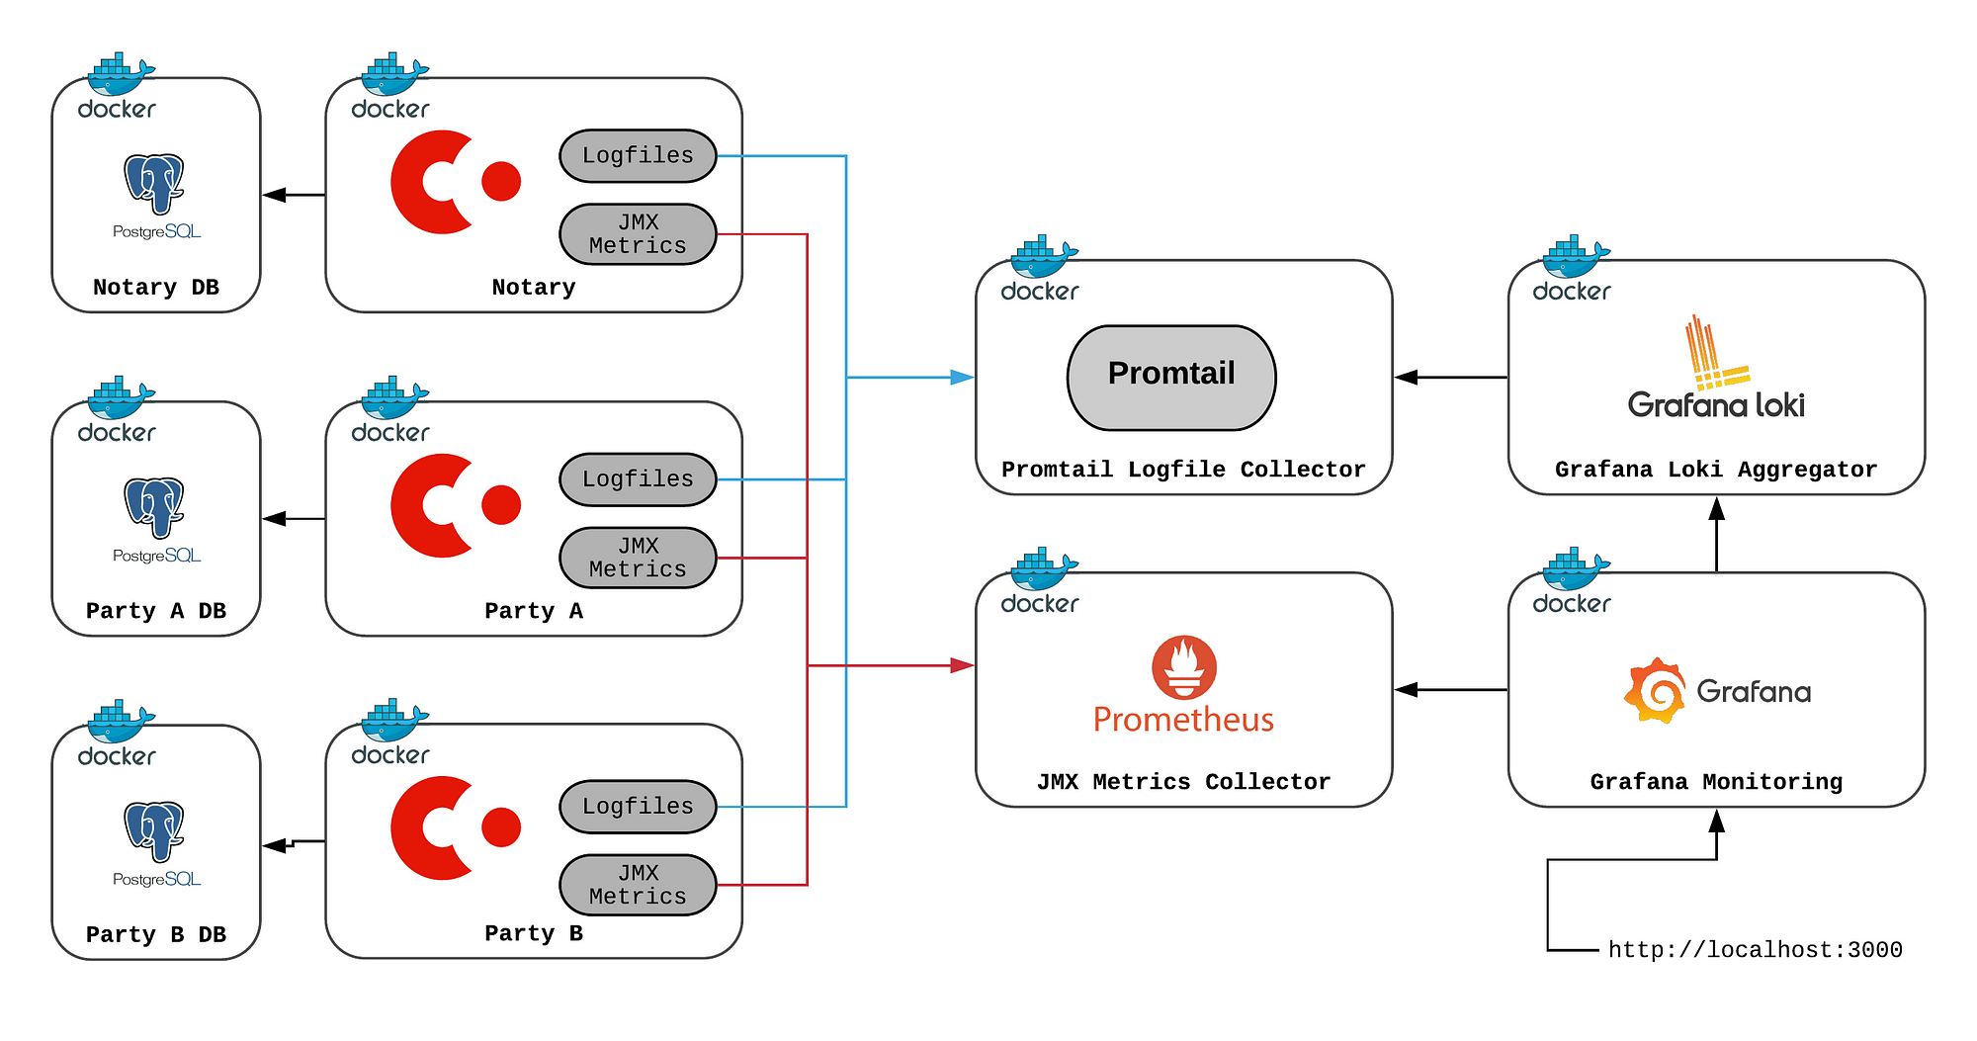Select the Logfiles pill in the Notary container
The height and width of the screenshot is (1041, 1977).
click(638, 156)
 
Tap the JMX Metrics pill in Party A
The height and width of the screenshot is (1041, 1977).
click(638, 558)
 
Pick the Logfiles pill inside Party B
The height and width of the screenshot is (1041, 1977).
click(638, 807)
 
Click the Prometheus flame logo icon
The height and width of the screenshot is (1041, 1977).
click(1184, 666)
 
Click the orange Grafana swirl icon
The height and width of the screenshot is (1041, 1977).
click(1654, 690)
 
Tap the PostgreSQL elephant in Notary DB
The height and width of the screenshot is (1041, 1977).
click(155, 183)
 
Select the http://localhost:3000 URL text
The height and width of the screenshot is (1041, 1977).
click(1755, 950)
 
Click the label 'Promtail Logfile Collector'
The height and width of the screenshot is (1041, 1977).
click(1183, 470)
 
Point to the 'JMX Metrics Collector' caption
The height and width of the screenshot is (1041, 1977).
click(1183, 782)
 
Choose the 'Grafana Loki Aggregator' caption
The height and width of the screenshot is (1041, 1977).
click(1716, 470)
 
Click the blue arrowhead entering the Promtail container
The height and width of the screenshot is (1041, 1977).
click(962, 378)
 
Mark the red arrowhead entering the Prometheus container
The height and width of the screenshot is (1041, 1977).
click(962, 665)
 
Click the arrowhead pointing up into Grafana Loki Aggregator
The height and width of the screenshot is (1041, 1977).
click(1717, 508)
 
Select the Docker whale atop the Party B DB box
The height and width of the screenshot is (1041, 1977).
click(120, 721)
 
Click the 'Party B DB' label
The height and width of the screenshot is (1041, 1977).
click(156, 934)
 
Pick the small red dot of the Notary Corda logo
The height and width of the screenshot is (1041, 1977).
click(501, 181)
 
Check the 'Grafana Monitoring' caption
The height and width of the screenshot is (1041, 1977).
click(1716, 782)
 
